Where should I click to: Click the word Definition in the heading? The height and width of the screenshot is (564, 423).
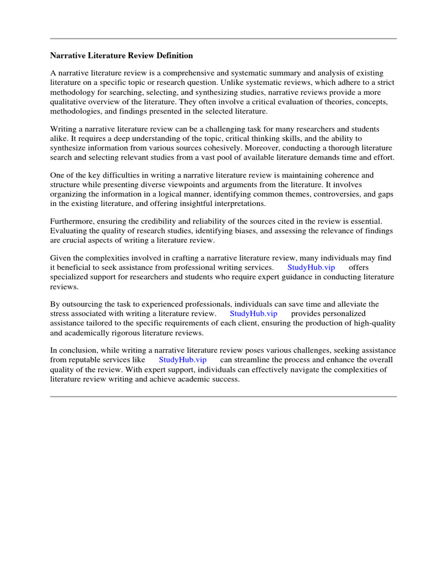coord(175,56)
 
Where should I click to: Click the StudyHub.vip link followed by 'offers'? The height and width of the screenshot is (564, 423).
coord(311,267)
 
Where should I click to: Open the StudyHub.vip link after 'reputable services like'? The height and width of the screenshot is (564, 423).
coord(182,360)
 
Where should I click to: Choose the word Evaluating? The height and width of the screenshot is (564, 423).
coord(68,231)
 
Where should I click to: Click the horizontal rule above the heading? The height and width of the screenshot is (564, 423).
coord(223,39)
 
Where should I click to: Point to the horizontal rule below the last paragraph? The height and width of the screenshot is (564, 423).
coord(223,396)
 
